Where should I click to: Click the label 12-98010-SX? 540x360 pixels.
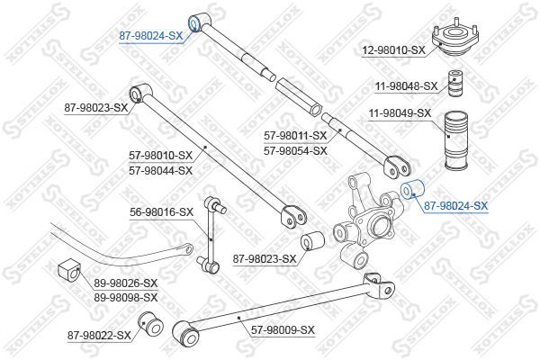pos(393,50)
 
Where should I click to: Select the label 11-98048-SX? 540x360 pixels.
pos(406,86)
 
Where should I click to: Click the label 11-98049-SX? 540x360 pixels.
pos(400,113)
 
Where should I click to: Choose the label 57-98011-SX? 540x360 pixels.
pos(295,135)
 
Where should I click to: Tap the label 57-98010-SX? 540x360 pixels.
pos(161,156)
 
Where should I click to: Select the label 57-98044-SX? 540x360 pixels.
pos(161,170)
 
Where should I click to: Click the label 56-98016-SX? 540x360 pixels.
pos(162,212)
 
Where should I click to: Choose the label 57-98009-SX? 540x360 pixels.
pos(283,330)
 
